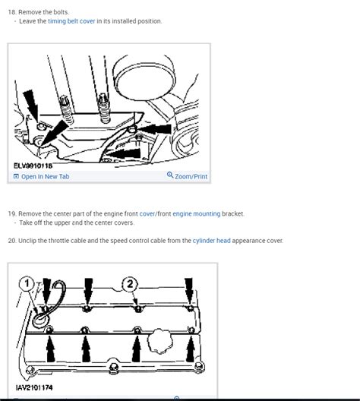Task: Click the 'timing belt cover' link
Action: pyautogui.click(x=71, y=21)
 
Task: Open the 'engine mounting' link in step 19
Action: pyautogui.click(x=197, y=213)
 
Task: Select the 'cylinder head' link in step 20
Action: pyautogui.click(x=211, y=241)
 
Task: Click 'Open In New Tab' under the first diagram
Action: pyautogui.click(x=46, y=176)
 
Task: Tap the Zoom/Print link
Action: pyautogui.click(x=191, y=176)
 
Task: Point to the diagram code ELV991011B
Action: pyautogui.click(x=33, y=166)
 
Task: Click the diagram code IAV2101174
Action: pyautogui.click(x=34, y=387)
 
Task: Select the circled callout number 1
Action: pyautogui.click(x=27, y=283)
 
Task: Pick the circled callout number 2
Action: pyautogui.click(x=130, y=284)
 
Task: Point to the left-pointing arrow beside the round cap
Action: pyautogui.click(x=154, y=129)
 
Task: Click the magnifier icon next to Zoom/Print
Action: pyautogui.click(x=170, y=175)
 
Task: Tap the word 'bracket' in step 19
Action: pyautogui.click(x=232, y=213)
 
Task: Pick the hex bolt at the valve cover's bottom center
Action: pyautogui.click(x=114, y=368)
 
